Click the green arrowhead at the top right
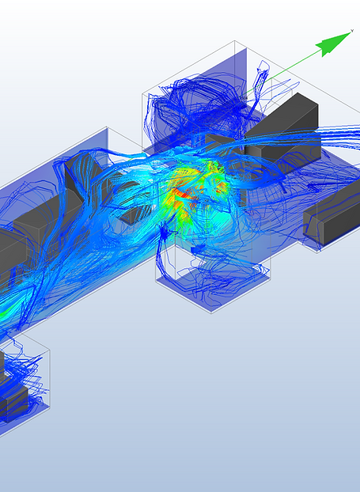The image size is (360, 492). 333,46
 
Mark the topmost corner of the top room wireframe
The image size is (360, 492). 236,41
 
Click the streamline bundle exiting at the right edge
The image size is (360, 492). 340,142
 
